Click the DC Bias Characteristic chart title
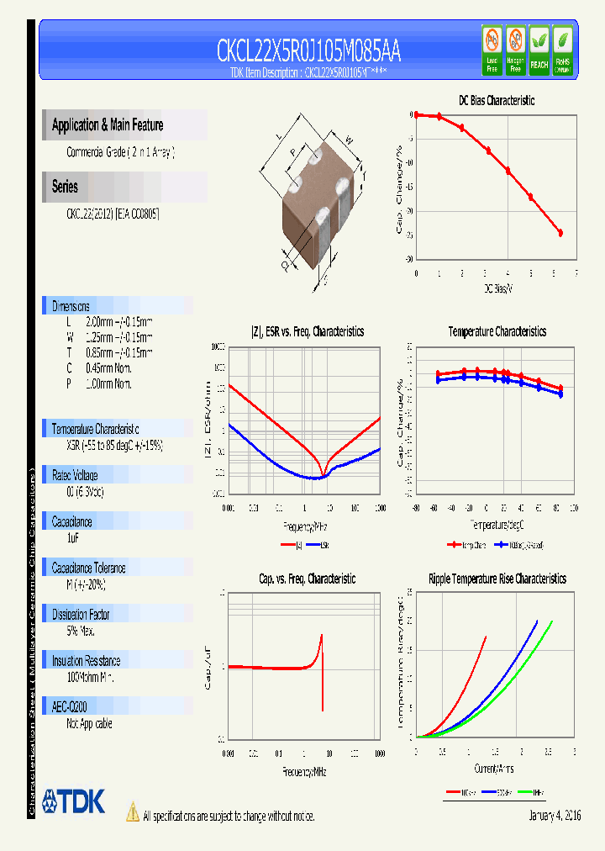pyautogui.click(x=496, y=100)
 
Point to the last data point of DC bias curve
pyautogui.click(x=560, y=233)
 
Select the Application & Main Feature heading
pyautogui.click(x=108, y=125)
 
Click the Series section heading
pyautogui.click(x=65, y=187)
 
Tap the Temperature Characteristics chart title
pyautogui.click(x=497, y=331)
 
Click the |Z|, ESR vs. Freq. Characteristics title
pyautogui.click(x=308, y=331)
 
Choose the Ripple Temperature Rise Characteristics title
pyautogui.click(x=497, y=579)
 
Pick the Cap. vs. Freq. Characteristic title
pyautogui.click(x=307, y=579)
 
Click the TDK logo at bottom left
pyautogui.click(x=74, y=801)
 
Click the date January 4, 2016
pyautogui.click(x=555, y=816)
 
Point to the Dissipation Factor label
pyautogui.click(x=81, y=615)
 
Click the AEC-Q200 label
pyautogui.click(x=69, y=707)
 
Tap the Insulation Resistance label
pyautogui.click(x=86, y=661)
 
